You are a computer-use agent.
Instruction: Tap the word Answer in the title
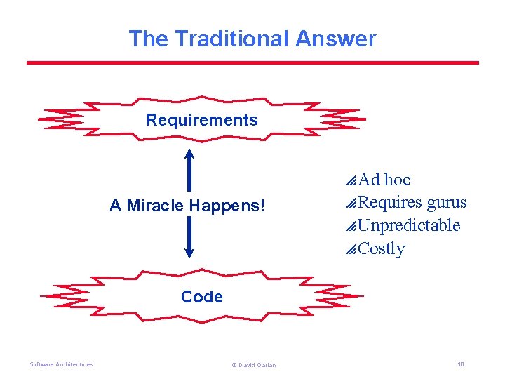335,39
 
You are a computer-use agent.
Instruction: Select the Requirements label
202,120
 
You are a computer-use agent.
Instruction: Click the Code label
202,297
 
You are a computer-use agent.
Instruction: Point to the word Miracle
159,206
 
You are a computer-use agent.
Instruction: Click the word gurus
447,203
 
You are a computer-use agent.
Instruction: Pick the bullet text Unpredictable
409,225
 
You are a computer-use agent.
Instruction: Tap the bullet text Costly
382,248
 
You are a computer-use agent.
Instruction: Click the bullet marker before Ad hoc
351,180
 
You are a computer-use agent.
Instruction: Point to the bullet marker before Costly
351,249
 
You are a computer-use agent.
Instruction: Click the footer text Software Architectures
61,364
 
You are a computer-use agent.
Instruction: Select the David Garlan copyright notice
253,365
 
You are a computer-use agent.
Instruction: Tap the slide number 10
460,364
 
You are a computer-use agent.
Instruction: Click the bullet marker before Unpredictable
351,226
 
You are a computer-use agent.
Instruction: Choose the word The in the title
148,39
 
